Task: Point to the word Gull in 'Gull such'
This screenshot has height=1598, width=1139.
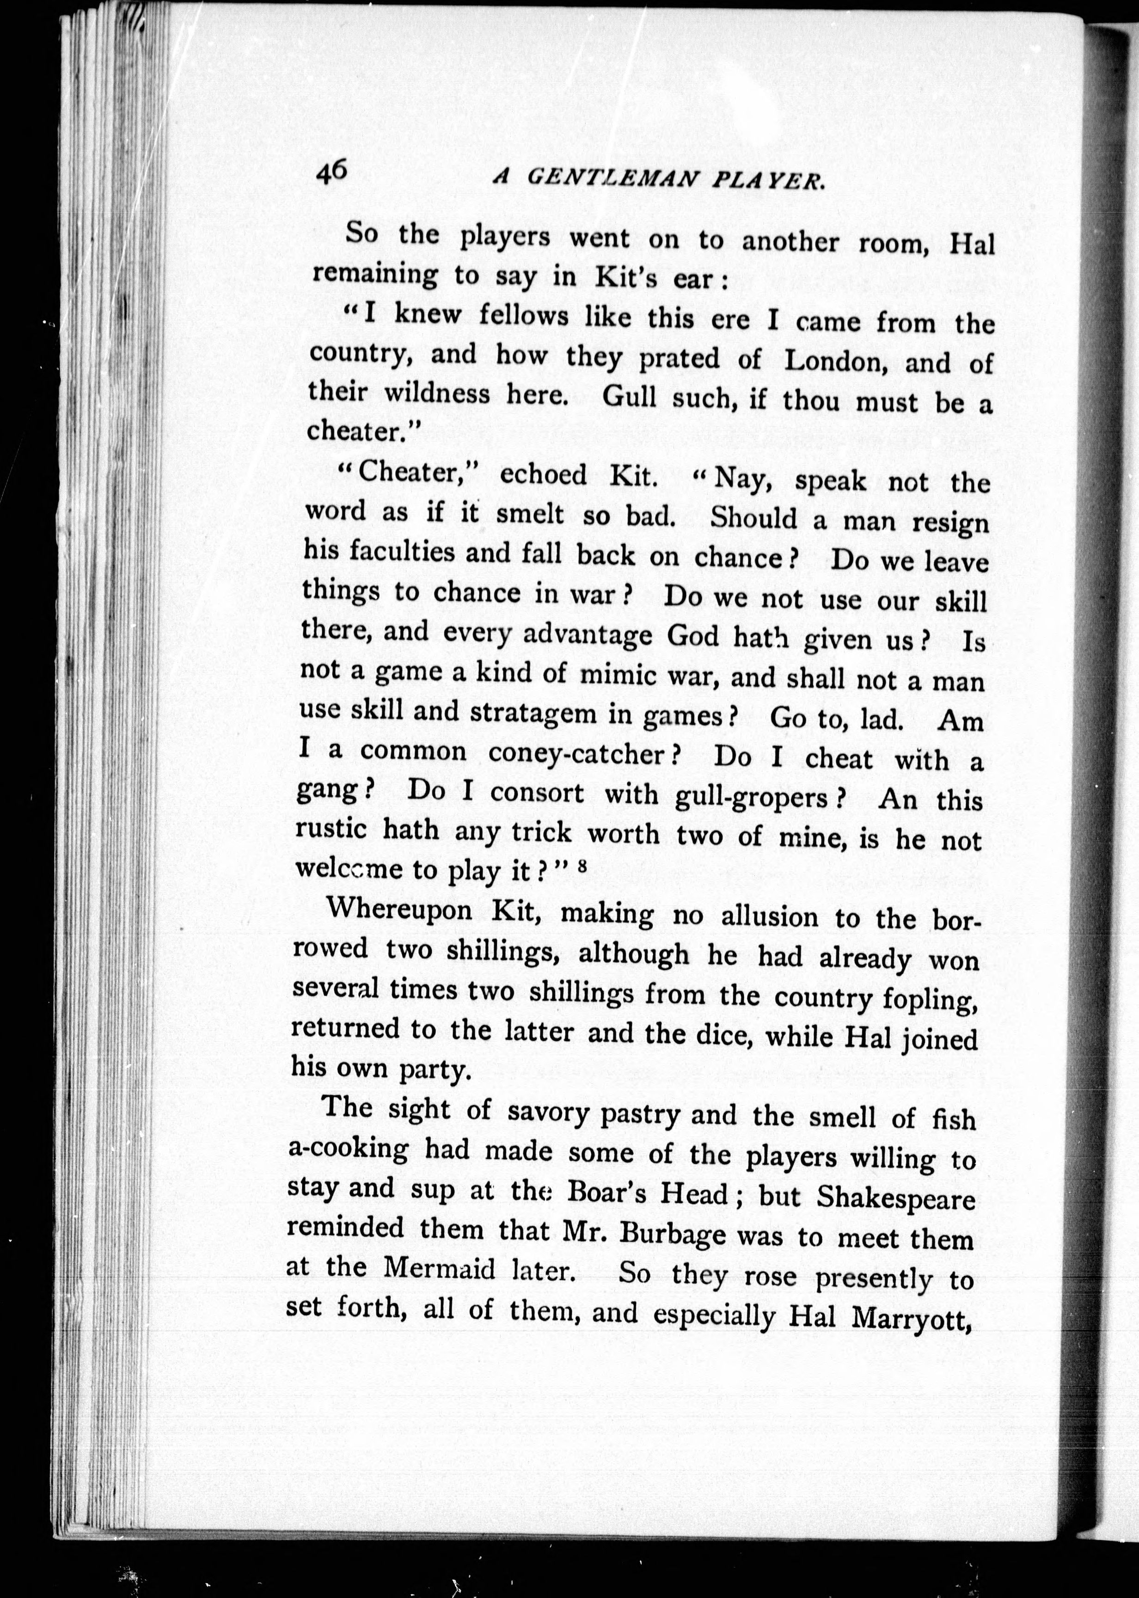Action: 628,398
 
